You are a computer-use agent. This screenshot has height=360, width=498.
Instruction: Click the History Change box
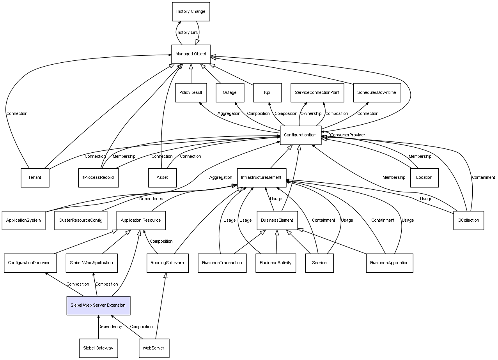[x=191, y=12]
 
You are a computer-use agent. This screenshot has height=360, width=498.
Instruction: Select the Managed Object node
[x=191, y=54]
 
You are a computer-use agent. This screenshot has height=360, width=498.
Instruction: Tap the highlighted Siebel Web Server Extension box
[x=98, y=305]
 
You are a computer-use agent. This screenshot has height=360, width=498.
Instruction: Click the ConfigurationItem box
[x=300, y=135]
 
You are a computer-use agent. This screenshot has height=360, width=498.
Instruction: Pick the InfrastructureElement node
[x=261, y=178]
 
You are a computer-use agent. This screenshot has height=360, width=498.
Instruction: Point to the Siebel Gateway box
[x=98, y=348]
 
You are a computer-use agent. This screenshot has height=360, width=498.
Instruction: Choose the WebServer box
[x=154, y=348]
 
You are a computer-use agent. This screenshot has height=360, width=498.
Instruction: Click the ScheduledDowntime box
[x=377, y=93]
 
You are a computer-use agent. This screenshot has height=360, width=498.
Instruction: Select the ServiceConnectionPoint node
[x=317, y=93]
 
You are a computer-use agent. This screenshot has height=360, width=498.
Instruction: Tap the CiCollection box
[x=468, y=221]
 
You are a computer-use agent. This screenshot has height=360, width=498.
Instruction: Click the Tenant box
[x=35, y=178]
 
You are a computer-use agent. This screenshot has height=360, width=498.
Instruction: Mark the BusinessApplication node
[x=389, y=263]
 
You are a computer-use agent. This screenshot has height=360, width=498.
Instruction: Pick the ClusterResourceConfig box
[x=80, y=221]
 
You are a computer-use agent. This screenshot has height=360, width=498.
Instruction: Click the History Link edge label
[x=187, y=33]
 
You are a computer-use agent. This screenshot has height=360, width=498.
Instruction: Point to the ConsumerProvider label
[x=348, y=135]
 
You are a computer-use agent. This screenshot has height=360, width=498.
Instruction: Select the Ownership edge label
[x=311, y=114]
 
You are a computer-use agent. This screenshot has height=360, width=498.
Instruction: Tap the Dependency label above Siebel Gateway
[x=110, y=327]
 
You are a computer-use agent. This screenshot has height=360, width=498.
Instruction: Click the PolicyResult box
[x=191, y=93]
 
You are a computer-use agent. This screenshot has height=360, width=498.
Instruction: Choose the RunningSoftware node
[x=167, y=263]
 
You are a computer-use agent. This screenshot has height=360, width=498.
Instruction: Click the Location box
[x=424, y=178]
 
